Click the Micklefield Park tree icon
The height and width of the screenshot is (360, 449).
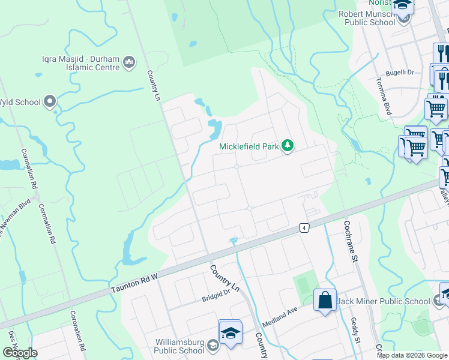pos(288,146)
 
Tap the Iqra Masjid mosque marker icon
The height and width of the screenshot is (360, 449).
pos(129,62)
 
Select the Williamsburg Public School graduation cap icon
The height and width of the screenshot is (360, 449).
pos(229,332)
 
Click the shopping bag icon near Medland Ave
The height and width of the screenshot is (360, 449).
pos(325,299)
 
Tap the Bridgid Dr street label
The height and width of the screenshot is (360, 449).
pos(216,294)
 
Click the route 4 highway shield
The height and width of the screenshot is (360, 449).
pos(305,228)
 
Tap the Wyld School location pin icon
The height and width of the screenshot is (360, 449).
pos(50,101)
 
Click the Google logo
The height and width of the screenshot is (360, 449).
pos(20,353)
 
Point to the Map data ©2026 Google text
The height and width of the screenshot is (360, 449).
pos(411,355)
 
